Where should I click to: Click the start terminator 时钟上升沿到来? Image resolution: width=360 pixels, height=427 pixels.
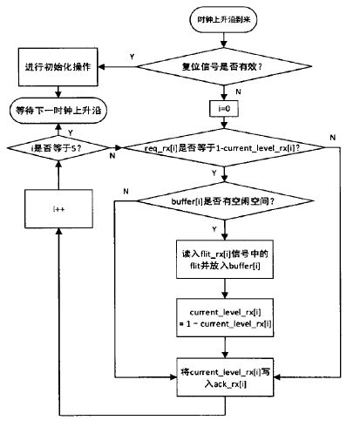225,20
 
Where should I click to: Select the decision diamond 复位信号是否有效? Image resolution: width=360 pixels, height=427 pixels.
225,64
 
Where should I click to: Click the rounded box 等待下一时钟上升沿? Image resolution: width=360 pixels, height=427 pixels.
58,111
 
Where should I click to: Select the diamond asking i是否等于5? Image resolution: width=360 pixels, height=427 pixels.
58,149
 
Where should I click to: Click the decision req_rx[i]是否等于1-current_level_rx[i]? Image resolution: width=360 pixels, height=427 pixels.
225,149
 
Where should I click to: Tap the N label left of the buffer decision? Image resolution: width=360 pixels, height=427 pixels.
126,190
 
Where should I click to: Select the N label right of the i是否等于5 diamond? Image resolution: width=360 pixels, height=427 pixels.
112,157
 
